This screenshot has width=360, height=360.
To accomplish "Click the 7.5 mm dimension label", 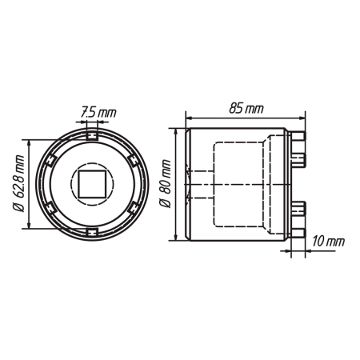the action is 98,112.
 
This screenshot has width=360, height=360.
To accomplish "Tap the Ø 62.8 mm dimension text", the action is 19,183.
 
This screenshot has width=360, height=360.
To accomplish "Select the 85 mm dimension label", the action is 246,109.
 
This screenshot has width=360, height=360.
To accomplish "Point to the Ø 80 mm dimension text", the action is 165,183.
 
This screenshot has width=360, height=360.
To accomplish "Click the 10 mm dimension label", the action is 328,242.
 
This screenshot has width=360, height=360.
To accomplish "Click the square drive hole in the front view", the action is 92,184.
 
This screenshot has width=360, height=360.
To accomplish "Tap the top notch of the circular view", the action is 92,136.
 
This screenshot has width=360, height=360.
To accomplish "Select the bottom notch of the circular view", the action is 92,232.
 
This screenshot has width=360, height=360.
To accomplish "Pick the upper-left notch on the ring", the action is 50,161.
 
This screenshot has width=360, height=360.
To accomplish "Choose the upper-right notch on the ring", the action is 134,161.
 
